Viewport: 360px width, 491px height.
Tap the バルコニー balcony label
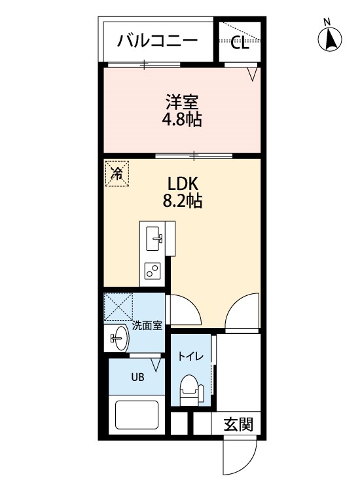coord(158,41)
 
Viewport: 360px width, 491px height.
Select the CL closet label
coord(240,43)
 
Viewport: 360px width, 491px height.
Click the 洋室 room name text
coord(182,102)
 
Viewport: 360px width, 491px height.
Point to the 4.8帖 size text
coord(181,119)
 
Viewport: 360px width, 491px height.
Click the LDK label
coord(183,184)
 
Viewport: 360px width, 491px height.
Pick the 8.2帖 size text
coord(182,201)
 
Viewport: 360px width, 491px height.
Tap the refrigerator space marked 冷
coord(117,173)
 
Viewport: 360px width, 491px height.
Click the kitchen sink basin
coord(154,238)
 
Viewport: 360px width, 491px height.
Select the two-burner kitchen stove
coord(153,270)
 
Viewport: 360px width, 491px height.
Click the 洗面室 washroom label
coord(147,325)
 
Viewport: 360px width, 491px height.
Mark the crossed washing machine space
coord(118,306)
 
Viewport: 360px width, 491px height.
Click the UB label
coord(137,377)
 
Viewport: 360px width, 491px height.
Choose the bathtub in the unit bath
coord(137,415)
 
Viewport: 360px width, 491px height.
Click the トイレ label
coord(191,356)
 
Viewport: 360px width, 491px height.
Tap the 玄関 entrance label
coord(238,425)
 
